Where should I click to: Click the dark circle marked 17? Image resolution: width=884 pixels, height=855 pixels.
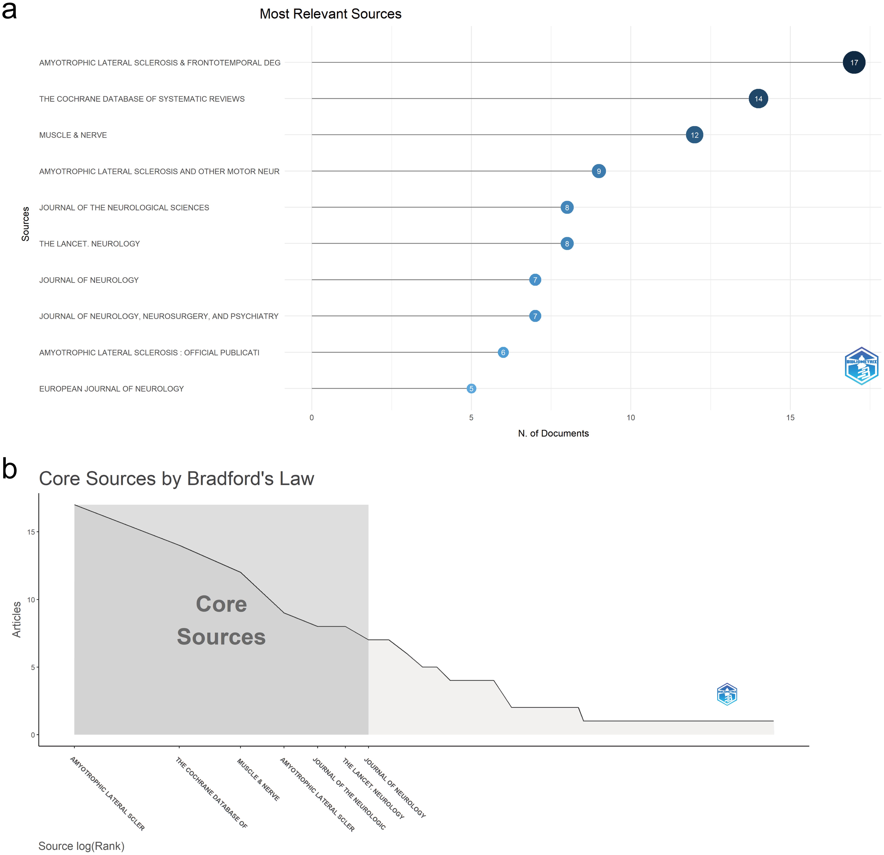click(854, 63)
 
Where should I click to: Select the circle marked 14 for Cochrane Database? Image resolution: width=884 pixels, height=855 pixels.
click(758, 99)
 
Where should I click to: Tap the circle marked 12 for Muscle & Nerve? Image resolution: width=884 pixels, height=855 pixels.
click(694, 135)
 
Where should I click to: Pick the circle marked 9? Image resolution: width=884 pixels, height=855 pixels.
click(599, 171)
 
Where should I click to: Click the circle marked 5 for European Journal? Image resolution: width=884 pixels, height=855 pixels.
click(471, 389)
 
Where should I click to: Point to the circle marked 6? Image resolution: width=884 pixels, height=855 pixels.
click(503, 352)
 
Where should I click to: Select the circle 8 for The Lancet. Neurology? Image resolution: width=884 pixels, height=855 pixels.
click(567, 244)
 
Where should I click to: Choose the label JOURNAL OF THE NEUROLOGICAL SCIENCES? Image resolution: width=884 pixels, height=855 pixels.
click(124, 208)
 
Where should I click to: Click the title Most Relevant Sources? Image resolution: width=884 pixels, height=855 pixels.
click(330, 14)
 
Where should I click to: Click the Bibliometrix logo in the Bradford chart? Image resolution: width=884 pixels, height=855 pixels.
click(727, 694)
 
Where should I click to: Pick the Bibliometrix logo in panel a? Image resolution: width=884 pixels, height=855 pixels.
click(861, 366)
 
